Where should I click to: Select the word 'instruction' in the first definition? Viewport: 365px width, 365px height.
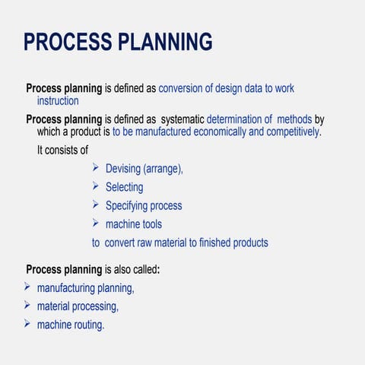click(x=58, y=100)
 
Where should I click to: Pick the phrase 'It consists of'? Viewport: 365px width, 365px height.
click(x=62, y=150)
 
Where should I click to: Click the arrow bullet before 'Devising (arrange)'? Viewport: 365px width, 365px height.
click(x=96, y=168)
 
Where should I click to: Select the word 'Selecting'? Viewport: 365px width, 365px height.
click(x=124, y=187)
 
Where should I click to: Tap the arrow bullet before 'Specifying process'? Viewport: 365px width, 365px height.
click(x=96, y=205)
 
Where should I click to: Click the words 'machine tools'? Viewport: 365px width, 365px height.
click(x=133, y=224)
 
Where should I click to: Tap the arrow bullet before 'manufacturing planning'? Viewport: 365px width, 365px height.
click(x=27, y=287)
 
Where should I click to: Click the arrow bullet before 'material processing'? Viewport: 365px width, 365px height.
click(x=27, y=306)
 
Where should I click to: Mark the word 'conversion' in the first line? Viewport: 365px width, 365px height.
click(x=183, y=88)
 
